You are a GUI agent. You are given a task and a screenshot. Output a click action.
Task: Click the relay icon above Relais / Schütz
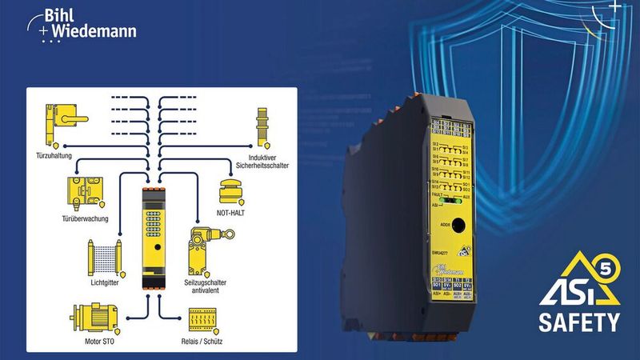(x=204, y=320)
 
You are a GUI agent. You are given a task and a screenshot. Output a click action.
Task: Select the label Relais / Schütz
(x=203, y=342)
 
